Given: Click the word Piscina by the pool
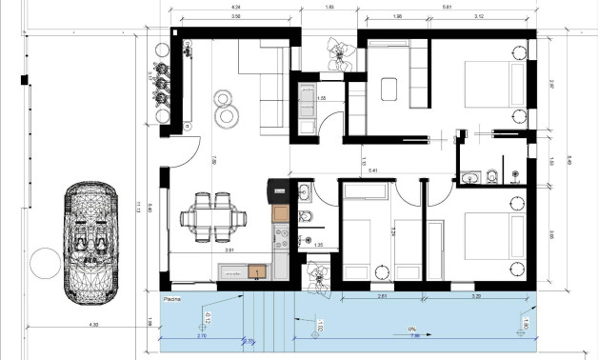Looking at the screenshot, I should (173, 299).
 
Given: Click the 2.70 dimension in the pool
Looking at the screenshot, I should (201, 337).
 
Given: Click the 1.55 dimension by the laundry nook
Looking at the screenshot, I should (321, 97).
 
